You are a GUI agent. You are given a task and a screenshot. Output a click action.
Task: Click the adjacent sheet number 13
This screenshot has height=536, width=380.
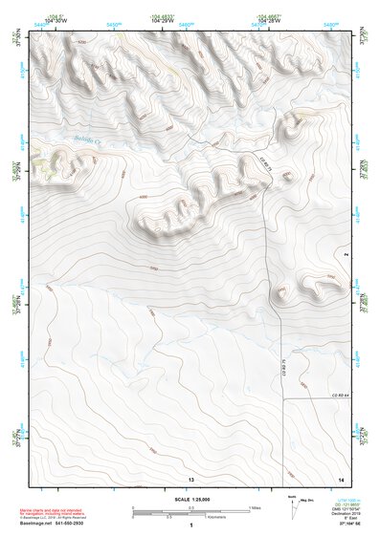[191, 477]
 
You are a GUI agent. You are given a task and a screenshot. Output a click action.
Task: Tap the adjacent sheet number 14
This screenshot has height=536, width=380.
[341, 477]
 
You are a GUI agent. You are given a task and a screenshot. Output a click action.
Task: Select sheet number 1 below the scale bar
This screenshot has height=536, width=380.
[191, 526]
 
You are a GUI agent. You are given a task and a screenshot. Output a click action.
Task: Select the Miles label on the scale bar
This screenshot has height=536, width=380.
[255, 507]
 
